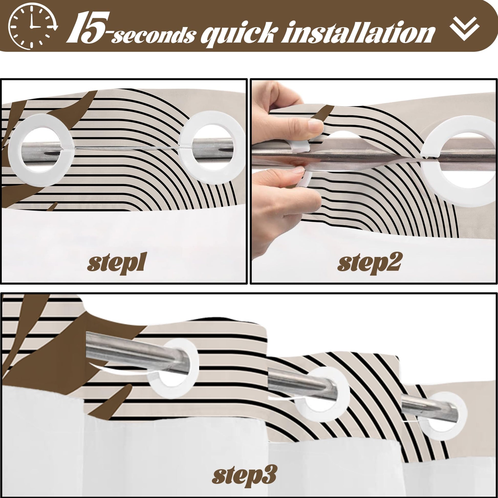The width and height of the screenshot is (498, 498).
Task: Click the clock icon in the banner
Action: [32, 27]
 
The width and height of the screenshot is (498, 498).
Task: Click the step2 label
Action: [369, 263]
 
